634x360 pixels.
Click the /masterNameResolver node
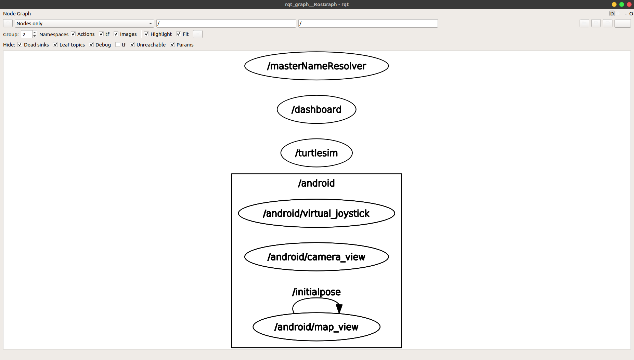coord(316,66)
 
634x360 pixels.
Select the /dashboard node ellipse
coord(316,109)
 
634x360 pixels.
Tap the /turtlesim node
coord(316,153)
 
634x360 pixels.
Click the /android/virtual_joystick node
coord(316,213)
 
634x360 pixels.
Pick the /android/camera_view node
coord(316,257)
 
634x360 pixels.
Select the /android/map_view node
coord(316,327)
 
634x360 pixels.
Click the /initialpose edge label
coord(316,292)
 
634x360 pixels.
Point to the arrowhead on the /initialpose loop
coord(339,309)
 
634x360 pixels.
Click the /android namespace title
coord(316,183)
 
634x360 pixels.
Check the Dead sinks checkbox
coord(20,45)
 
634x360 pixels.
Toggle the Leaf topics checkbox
coord(55,45)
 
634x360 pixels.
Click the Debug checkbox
coord(91,45)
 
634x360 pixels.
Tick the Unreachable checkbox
coord(132,45)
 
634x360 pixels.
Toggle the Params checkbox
coord(172,45)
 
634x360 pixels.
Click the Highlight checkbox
coord(146,34)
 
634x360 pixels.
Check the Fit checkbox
coord(179,34)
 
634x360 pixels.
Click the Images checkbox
coord(116,34)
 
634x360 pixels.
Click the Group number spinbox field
coord(26,34)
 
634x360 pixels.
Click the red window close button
coord(629,4)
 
